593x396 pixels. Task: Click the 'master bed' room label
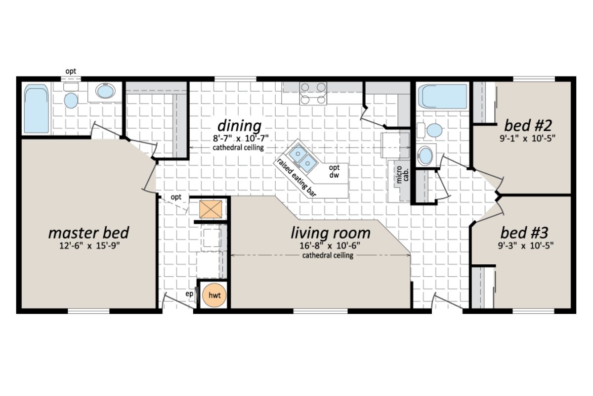(88, 232)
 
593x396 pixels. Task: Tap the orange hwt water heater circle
(214, 295)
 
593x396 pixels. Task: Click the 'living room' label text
(330, 232)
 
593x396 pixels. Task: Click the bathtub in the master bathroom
(37, 109)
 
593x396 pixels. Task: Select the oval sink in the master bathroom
(105, 92)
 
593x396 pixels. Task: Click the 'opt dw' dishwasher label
(335, 171)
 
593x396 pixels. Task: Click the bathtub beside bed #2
(442, 97)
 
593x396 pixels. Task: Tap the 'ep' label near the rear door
(189, 294)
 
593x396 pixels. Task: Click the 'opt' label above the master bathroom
(71, 72)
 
